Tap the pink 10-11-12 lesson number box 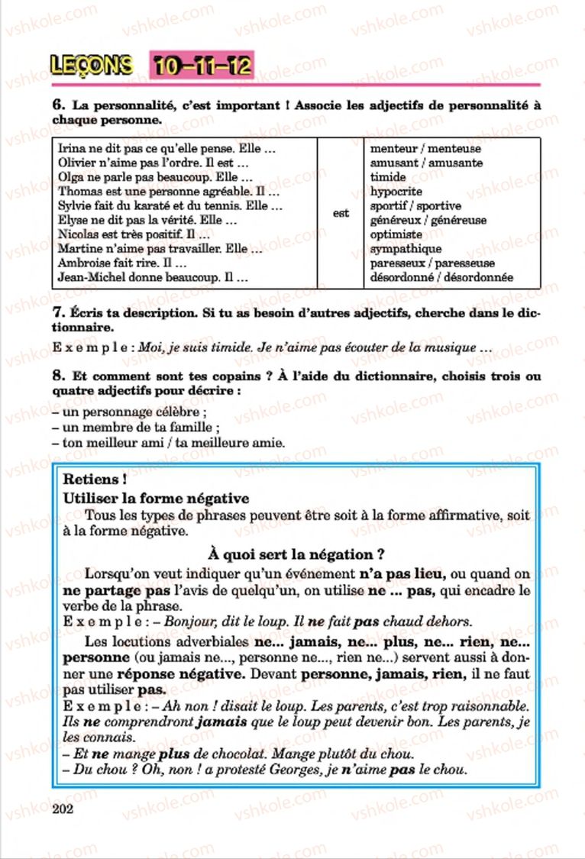point(202,66)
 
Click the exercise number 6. point(57,106)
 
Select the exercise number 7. point(57,313)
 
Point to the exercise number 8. point(57,376)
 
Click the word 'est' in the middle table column point(341,214)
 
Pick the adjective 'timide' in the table point(388,177)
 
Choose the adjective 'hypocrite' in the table point(396,192)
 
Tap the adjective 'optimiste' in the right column point(396,235)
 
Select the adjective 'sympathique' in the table point(406,250)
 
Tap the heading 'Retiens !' point(95,480)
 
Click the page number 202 point(66,809)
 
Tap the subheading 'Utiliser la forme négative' point(157,499)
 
